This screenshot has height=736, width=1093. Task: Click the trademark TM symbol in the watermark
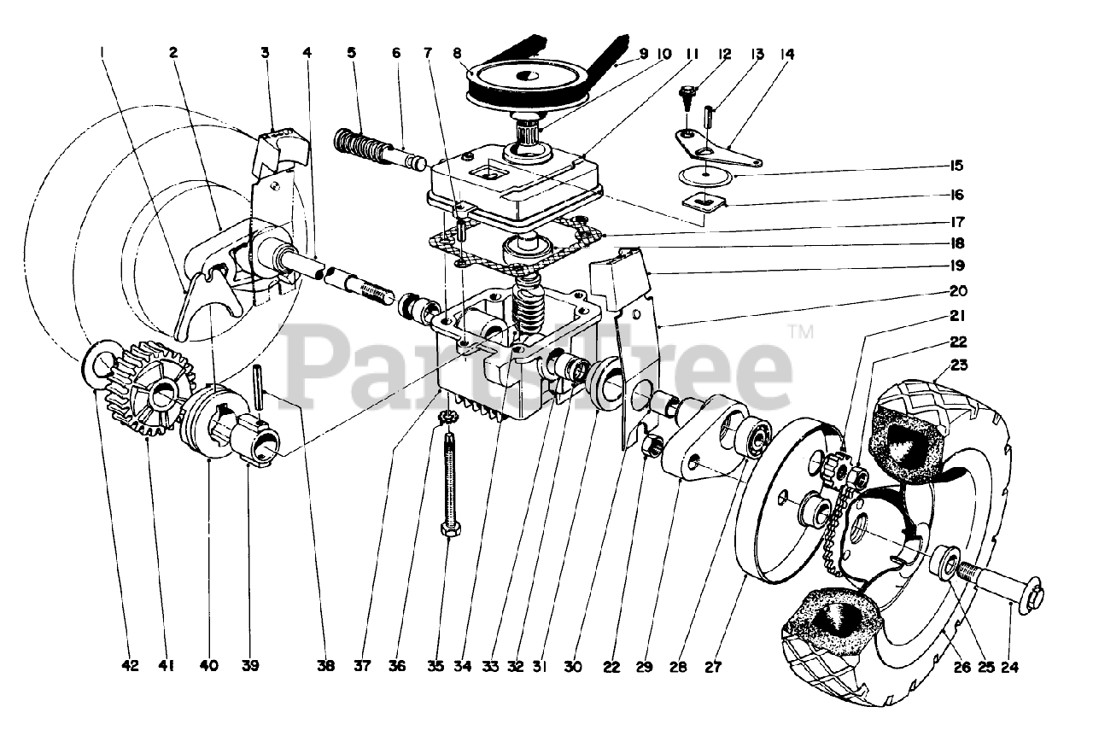[x=801, y=331]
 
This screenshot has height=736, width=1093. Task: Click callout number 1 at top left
[x=102, y=52]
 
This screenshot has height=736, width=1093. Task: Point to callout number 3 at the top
[x=266, y=52]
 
